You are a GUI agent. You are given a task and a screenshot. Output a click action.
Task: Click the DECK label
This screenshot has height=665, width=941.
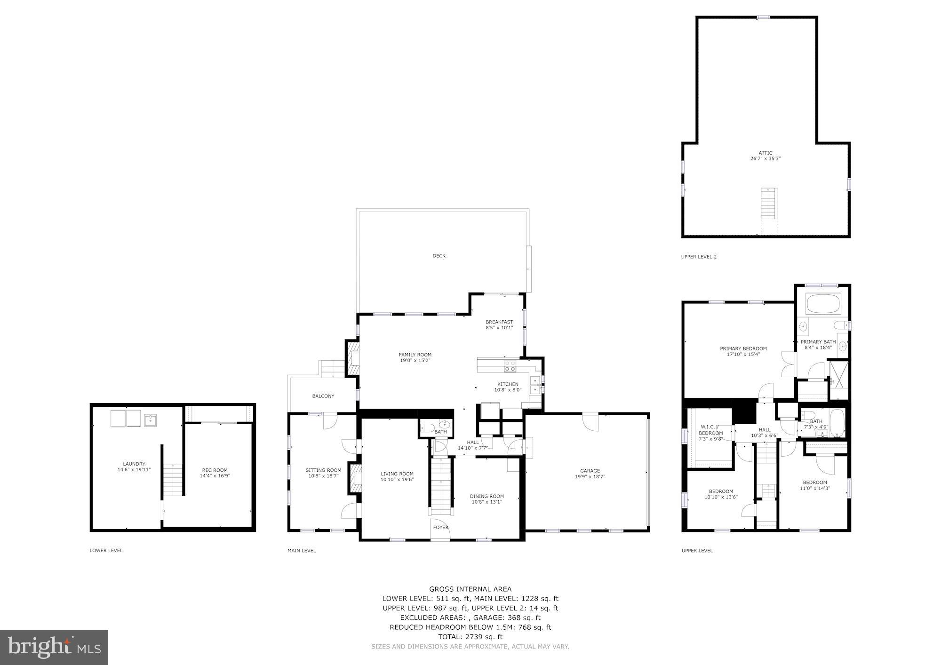[439, 256]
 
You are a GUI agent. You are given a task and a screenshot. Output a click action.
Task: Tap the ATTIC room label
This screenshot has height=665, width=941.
[765, 153]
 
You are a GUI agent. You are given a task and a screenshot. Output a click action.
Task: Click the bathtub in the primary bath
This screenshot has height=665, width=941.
[824, 304]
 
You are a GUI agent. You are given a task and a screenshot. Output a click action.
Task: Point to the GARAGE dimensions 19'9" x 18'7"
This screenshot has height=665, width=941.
[590, 476]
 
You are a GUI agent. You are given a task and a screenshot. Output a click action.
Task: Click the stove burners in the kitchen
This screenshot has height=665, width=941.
[510, 366]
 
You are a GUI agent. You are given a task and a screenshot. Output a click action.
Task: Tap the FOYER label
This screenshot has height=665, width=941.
[441, 528]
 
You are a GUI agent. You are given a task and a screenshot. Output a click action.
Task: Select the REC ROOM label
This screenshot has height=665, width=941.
[215, 470]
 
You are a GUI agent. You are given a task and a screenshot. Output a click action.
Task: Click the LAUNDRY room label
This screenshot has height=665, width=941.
[134, 464]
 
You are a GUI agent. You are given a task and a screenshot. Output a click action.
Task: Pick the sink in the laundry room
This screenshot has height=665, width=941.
[151, 420]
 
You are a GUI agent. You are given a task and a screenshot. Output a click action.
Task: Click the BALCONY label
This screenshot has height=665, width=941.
[323, 396]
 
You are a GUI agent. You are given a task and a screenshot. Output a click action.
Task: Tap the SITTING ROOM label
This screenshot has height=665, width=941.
[323, 470]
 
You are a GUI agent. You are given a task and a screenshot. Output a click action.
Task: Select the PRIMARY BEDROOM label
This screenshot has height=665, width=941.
[743, 348]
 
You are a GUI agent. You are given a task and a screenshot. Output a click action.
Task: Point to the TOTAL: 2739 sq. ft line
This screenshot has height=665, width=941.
[470, 637]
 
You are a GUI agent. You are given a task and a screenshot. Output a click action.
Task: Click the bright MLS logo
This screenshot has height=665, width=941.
[54, 647]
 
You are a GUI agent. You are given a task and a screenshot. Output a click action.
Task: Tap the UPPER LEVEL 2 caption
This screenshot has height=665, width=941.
[699, 257]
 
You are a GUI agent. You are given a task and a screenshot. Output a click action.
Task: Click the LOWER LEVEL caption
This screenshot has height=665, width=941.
[106, 550]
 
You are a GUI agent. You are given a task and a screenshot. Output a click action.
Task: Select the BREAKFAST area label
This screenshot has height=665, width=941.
[499, 322]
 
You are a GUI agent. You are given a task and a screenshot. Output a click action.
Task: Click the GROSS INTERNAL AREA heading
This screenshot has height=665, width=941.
[470, 589]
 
